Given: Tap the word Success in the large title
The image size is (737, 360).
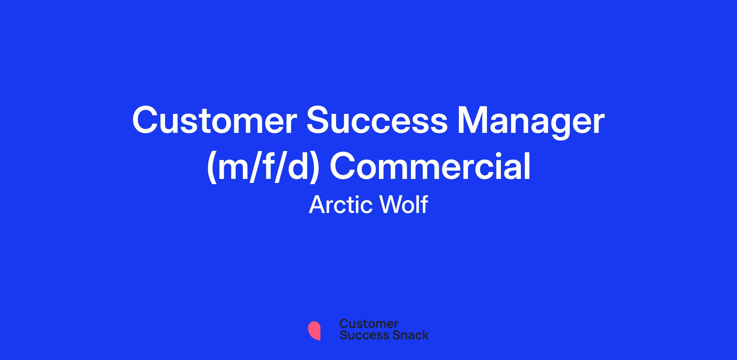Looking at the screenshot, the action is point(377,121).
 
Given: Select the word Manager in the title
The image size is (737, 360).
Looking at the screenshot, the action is point(531,123).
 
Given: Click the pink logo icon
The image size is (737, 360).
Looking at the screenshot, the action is point(314,331).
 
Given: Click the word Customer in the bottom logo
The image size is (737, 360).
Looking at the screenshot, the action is point(369,324).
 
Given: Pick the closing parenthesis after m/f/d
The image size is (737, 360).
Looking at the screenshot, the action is point(313,168).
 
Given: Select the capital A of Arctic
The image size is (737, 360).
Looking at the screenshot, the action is point(317,205).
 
